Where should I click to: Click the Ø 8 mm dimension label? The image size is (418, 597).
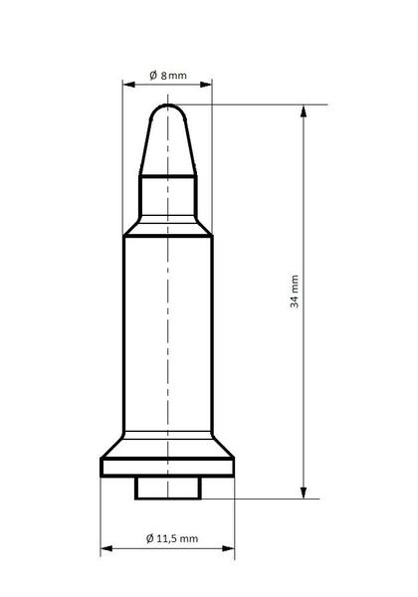(168, 75)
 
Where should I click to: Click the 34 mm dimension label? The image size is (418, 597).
(295, 292)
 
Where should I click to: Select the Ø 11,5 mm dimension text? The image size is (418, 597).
(172, 538)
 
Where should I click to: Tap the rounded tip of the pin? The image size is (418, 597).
(168, 111)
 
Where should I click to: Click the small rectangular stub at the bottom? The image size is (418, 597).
(168, 488)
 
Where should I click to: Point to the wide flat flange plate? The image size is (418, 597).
(167, 467)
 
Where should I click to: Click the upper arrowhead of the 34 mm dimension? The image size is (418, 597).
(304, 110)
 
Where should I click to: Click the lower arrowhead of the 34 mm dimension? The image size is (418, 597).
(304, 493)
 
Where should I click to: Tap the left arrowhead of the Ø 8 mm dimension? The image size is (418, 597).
(129, 85)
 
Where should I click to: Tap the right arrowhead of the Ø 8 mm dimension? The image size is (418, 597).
(206, 85)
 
